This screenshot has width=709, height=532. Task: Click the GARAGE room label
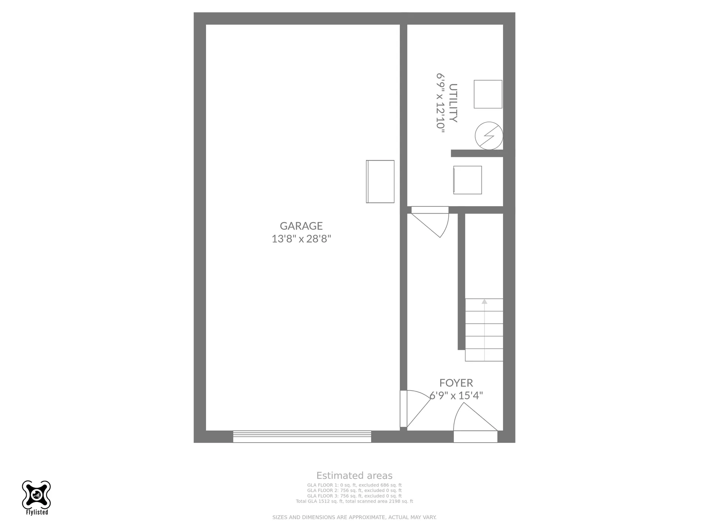point(301,226)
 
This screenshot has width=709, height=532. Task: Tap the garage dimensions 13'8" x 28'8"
point(301,239)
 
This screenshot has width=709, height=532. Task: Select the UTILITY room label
point(453,103)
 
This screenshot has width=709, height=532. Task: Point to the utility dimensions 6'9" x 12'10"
point(440,103)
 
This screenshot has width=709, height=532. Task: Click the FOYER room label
point(456,383)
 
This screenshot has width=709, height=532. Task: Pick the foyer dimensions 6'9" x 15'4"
point(456,396)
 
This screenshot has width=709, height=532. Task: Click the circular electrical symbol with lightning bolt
point(489,136)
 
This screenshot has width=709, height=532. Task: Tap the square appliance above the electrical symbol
point(488,94)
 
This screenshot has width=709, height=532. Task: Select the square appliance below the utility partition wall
point(467,180)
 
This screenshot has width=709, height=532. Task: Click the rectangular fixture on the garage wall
point(380,181)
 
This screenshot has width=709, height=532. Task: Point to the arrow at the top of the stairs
point(484,301)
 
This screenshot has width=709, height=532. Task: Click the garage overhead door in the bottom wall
point(302,437)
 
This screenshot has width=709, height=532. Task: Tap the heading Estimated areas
point(354,475)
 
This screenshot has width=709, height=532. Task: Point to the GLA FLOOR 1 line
point(354,485)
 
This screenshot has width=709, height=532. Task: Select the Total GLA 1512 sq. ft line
point(354,501)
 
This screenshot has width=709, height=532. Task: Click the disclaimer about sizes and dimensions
point(354,517)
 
